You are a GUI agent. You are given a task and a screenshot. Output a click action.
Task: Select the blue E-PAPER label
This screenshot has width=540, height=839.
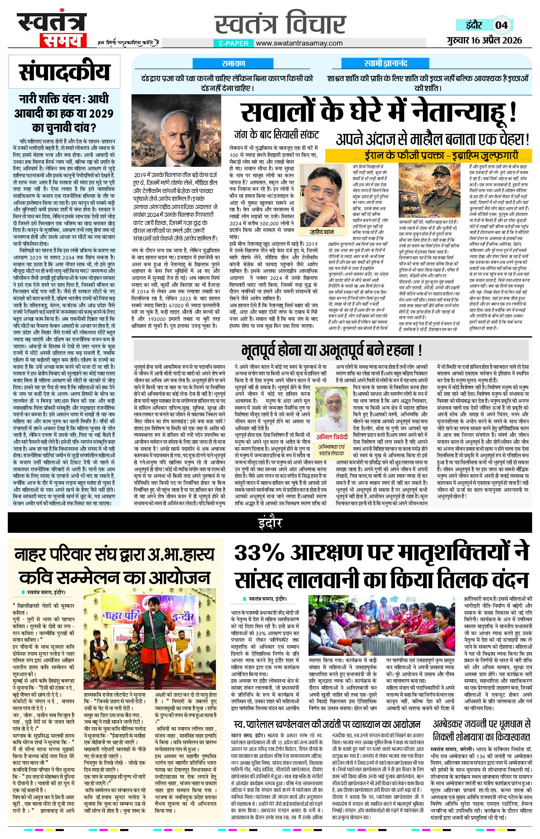[234, 43]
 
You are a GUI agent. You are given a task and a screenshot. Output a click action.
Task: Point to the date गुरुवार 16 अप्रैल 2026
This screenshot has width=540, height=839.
[484, 40]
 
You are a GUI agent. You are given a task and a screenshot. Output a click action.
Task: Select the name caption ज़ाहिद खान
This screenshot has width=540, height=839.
[322, 232]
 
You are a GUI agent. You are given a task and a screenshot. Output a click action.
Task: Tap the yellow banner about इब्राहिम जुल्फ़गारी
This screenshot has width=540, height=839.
[429, 155]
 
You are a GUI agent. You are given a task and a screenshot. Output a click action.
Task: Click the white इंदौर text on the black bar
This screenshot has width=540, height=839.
[270, 523]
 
